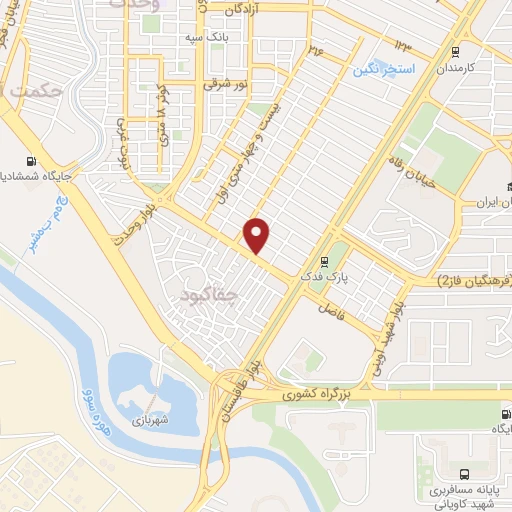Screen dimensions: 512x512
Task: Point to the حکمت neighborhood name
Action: tap(37, 91)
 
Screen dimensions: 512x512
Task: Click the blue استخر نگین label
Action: tap(380, 71)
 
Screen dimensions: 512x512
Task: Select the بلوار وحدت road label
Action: tap(138, 231)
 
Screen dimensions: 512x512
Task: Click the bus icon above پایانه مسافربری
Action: tap(462, 474)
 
